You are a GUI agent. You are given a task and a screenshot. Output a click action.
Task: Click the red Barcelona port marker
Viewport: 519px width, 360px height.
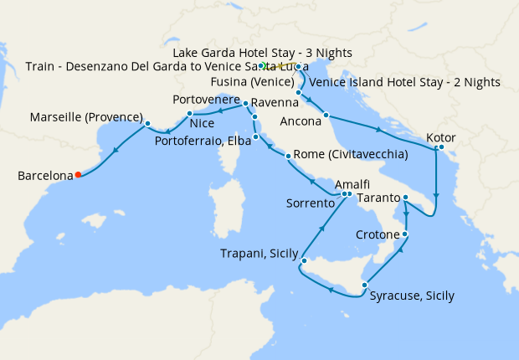(78, 175)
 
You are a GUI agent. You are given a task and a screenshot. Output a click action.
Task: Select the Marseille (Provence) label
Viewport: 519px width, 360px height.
(86, 116)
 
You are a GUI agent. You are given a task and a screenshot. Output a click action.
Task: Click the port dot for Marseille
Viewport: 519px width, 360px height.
(147, 124)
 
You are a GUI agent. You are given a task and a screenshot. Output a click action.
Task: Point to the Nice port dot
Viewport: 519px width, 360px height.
(190, 113)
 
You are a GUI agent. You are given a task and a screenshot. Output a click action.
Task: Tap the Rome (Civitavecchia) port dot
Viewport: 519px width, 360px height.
(287, 157)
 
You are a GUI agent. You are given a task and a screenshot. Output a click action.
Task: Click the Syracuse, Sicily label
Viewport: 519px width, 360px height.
(412, 296)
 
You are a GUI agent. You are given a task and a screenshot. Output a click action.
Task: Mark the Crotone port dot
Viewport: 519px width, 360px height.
(405, 234)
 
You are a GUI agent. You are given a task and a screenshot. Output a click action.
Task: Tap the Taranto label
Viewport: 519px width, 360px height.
(378, 198)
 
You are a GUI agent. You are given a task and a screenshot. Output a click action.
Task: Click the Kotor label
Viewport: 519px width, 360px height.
(441, 137)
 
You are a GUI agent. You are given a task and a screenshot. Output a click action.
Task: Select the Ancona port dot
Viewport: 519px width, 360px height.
(326, 115)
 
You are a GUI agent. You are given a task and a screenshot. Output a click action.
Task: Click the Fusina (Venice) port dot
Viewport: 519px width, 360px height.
(299, 91)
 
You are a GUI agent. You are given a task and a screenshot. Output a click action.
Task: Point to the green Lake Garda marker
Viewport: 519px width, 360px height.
(262, 65)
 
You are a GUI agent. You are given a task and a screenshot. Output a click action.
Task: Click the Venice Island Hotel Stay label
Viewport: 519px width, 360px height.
(404, 82)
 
